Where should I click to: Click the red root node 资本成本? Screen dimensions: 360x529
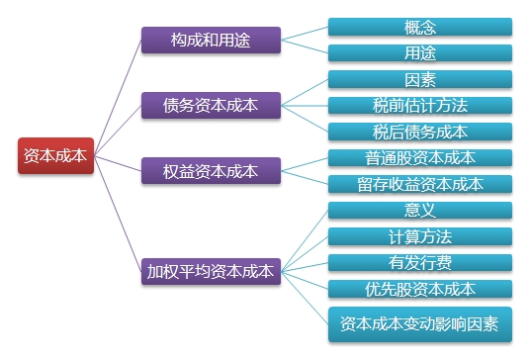pyautogui.click(x=55, y=155)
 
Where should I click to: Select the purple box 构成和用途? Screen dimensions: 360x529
pyautogui.click(x=210, y=40)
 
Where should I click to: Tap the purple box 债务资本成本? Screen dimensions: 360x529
pyautogui.click(x=210, y=104)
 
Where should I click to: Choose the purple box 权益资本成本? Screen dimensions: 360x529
pyautogui.click(x=210, y=169)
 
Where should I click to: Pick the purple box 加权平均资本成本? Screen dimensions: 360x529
pyautogui.click(x=210, y=268)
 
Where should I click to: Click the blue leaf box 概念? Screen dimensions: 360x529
pyautogui.click(x=420, y=27)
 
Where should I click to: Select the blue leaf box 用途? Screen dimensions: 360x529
pyautogui.click(x=420, y=52)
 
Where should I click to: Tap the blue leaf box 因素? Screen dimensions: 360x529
pyautogui.click(x=420, y=79)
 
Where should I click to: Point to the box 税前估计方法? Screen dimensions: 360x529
pyautogui.click(x=420, y=105)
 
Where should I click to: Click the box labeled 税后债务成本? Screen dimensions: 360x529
pyautogui.click(x=420, y=132)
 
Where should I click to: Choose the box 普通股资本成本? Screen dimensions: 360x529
pyautogui.click(x=420, y=157)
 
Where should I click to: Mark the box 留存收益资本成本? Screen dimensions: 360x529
pyautogui.click(x=420, y=184)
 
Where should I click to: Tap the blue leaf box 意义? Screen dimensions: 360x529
pyautogui.click(x=420, y=210)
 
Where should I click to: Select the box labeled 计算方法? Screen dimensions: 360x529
pyautogui.click(x=420, y=236)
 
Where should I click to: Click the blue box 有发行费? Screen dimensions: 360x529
pyautogui.click(x=420, y=262)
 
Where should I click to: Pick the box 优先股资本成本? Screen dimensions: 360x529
pyautogui.click(x=420, y=289)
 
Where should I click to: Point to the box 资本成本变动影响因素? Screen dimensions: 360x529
pyautogui.click(x=420, y=323)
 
